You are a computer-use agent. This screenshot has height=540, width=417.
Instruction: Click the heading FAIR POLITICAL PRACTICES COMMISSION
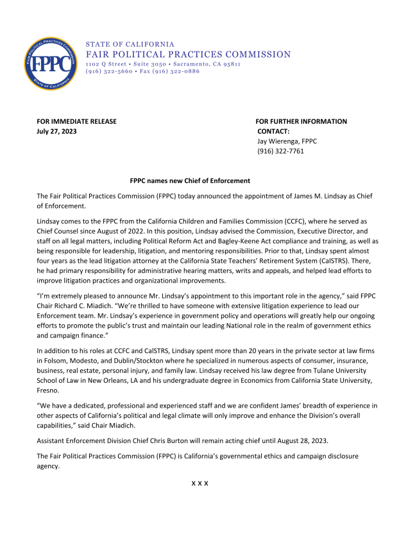click(188, 55)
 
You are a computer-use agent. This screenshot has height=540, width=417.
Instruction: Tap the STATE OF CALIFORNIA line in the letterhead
click(130, 44)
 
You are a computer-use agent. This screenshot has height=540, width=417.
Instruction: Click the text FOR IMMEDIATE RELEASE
click(76, 121)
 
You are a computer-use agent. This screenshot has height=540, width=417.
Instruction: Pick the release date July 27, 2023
click(56, 132)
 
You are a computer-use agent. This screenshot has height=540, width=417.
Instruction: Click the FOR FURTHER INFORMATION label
click(301, 121)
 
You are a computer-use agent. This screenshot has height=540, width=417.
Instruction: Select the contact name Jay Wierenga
click(278, 141)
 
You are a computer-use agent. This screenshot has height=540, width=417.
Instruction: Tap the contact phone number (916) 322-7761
click(280, 152)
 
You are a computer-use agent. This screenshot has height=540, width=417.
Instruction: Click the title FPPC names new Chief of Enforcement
click(190, 181)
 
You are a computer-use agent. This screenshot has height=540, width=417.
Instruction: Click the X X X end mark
click(200, 482)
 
